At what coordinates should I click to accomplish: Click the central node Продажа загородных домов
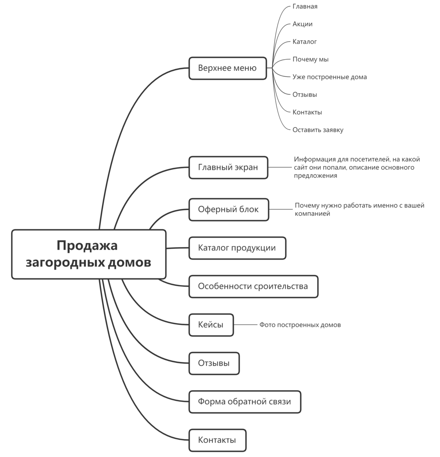pos(89,254)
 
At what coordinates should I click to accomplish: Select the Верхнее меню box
pos(227,68)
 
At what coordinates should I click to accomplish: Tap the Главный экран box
pos(228,167)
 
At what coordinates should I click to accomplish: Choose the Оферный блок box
pos(229,209)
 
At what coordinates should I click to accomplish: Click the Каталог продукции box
pos(237,248)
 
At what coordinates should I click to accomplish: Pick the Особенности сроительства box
pos(253,286)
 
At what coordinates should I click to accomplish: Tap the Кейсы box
pos(211,325)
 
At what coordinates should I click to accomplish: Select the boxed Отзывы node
pos(214,363)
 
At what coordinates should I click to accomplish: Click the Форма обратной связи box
pos(245,401)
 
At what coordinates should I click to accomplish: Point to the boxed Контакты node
pos(217,440)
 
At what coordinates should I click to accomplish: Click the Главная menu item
pos(305,6)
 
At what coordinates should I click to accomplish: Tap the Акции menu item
pos(302,24)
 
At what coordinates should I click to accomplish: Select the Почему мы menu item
pos(311,59)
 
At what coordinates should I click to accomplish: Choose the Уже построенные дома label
pos(330,77)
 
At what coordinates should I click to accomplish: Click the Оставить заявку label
pos(318,130)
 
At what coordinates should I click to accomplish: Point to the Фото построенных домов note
pos(300,325)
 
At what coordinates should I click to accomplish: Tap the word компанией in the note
pos(312,214)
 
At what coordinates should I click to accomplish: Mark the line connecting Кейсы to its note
pos(245,325)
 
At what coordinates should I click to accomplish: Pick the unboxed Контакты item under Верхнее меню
pos(307,112)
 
